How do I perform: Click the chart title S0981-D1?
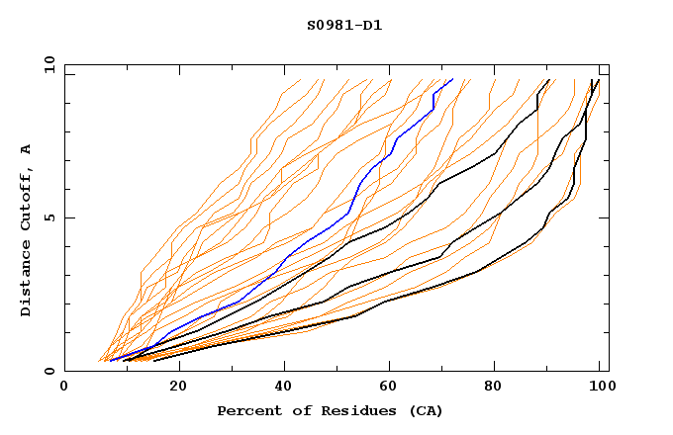pos(344,25)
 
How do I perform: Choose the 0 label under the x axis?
pos(65,387)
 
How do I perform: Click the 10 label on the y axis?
pos(48,64)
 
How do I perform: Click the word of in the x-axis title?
pos(294,410)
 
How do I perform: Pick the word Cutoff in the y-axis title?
pos(27,197)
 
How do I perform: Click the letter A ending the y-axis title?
pos(27,148)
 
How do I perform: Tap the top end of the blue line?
pos(452,79)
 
